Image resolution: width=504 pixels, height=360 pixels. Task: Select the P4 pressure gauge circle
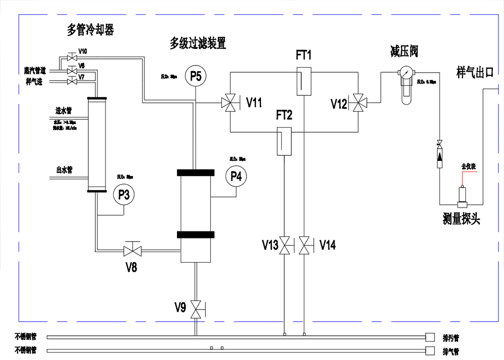[x=236, y=176]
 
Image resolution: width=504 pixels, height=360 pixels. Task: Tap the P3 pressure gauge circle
[x=124, y=195]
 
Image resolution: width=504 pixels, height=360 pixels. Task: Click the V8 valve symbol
[x=133, y=250]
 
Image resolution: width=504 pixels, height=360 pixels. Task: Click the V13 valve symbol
[x=286, y=246]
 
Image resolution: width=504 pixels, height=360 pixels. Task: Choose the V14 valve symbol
[x=304, y=246]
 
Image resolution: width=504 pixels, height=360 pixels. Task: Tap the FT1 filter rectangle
[x=303, y=81]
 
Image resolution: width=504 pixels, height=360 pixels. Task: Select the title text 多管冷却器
[x=90, y=30]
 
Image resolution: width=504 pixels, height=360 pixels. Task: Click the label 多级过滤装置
[x=198, y=44]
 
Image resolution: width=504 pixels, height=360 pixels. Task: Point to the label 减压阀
[x=404, y=51]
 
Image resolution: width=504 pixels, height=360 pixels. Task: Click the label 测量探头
[x=461, y=218]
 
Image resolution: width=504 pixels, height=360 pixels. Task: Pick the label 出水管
[x=65, y=170]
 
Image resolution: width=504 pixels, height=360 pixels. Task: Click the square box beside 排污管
[x=430, y=336]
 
